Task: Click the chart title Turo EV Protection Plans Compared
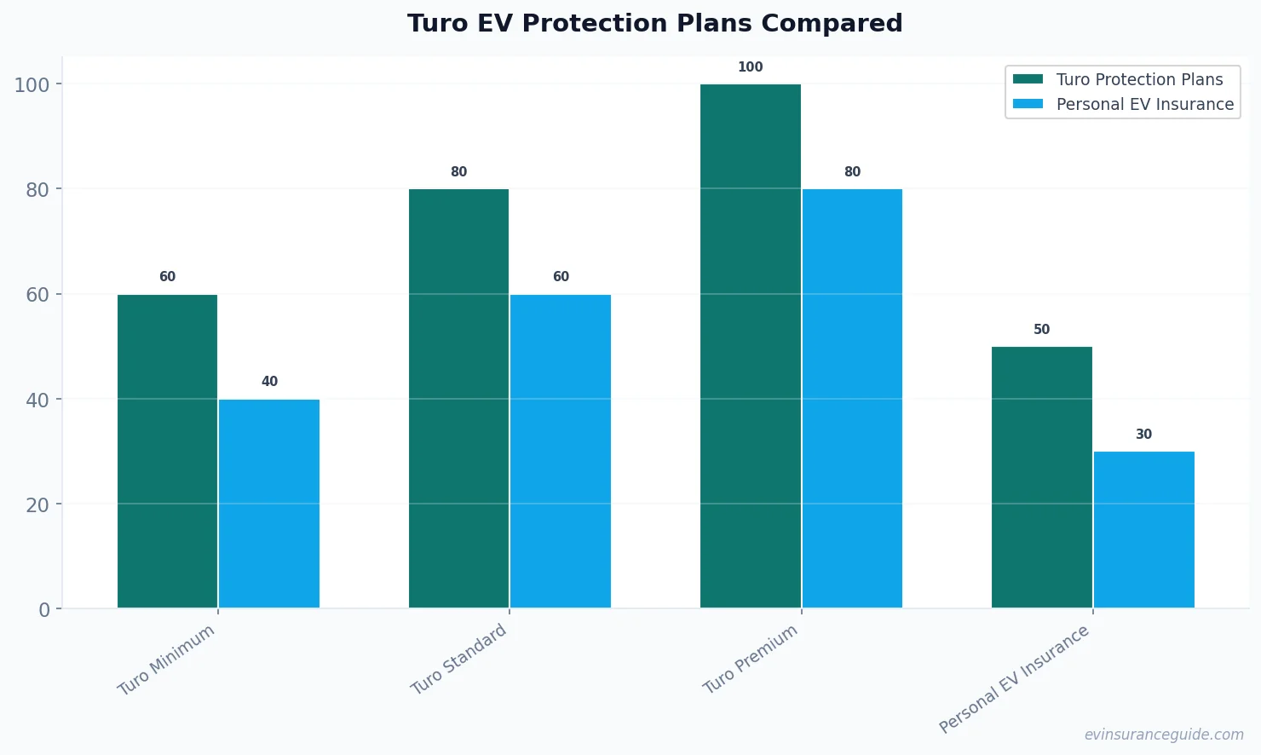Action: (654, 23)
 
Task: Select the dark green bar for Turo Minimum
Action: (167, 452)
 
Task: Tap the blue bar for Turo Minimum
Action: (269, 504)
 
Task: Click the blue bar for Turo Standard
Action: (561, 452)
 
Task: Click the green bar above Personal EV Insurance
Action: (1041, 477)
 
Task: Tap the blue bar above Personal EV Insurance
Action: (1143, 530)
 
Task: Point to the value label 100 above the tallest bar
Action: (750, 67)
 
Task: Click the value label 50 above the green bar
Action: (1041, 330)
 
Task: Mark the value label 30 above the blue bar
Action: (1143, 435)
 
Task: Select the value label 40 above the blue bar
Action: (269, 382)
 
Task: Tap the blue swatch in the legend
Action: (1028, 104)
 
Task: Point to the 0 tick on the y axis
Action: (44, 610)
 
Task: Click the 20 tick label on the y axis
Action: (37, 504)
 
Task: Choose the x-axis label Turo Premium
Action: (750, 660)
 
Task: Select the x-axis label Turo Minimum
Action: (166, 660)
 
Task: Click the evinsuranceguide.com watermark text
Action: (1163, 735)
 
